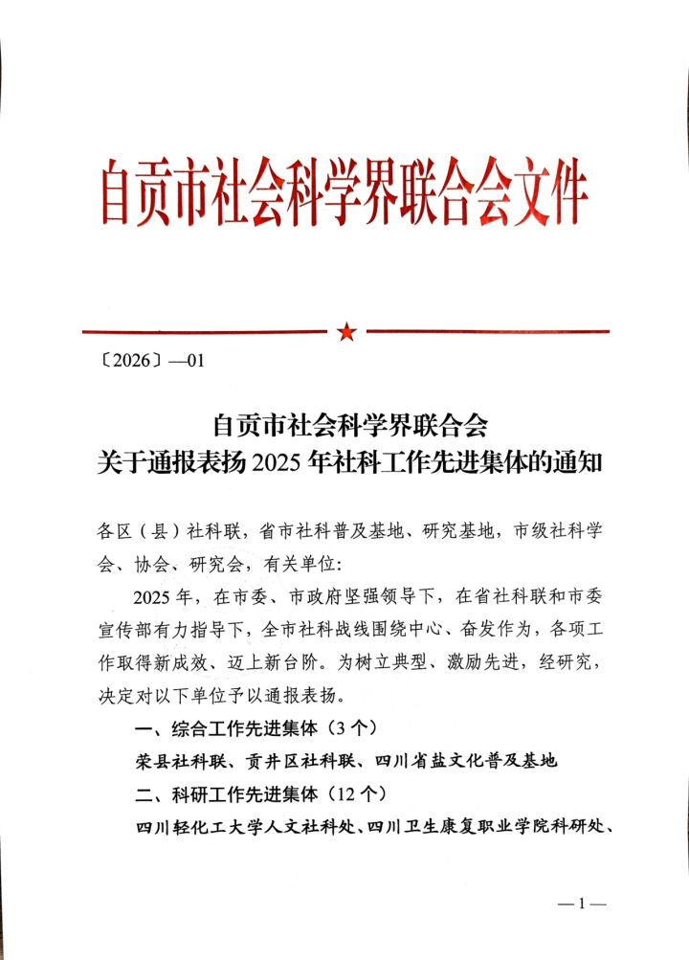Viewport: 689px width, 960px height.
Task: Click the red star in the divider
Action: tap(345, 331)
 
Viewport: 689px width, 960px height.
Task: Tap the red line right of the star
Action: tap(488, 331)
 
